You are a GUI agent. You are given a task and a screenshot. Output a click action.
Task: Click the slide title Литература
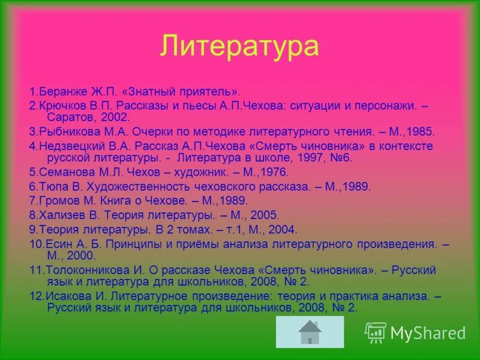(239, 46)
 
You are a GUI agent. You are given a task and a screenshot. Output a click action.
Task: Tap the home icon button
(310, 332)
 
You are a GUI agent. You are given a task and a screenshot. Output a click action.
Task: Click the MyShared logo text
(427, 332)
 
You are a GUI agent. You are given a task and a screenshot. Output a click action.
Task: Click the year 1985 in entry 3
(421, 130)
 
